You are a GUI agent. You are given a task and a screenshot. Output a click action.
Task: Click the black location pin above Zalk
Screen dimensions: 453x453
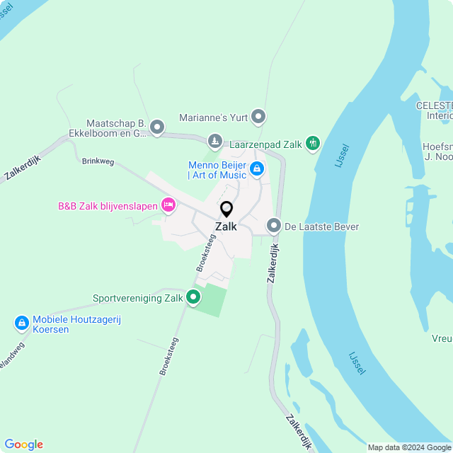point(226,209)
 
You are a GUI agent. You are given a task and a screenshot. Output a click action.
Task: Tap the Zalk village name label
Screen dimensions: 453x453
point(226,227)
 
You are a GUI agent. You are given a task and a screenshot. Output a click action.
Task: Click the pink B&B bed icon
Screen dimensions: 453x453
point(168,206)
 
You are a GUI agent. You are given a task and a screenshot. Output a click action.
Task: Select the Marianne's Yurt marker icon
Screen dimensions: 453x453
point(258,116)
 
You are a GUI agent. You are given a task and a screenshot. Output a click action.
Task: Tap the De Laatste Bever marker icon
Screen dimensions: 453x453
point(274,226)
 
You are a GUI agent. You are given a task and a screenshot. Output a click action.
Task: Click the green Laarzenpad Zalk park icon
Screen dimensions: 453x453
point(313,144)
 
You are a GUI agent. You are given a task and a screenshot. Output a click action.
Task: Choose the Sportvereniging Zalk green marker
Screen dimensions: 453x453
point(193,298)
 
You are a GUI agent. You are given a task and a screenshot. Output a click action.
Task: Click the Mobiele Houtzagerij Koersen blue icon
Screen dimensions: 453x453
point(22,323)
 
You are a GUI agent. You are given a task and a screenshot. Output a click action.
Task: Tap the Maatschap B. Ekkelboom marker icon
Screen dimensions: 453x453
point(157,127)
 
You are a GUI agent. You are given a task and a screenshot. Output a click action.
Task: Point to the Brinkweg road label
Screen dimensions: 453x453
point(98,161)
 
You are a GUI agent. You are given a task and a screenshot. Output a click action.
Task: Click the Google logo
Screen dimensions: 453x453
point(23,445)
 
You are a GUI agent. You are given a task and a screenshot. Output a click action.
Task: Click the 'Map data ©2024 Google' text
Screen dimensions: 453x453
point(410,447)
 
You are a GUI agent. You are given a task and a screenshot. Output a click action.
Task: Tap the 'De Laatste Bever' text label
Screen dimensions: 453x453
point(322,227)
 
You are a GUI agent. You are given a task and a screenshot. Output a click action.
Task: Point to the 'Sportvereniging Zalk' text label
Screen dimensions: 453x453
point(138,299)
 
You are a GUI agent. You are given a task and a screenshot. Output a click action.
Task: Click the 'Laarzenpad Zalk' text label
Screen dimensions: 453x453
point(266,144)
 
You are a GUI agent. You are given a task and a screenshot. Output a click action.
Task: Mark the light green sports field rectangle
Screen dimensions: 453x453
point(210,299)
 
